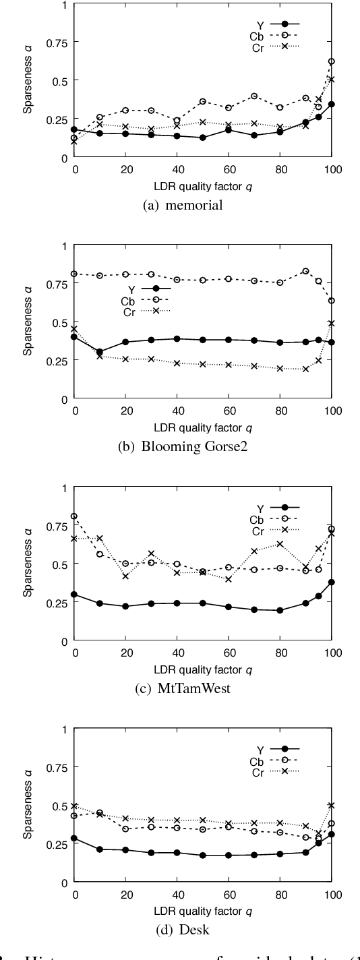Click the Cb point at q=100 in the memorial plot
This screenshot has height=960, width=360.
tap(332, 61)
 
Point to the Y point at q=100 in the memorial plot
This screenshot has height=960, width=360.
tap(332, 104)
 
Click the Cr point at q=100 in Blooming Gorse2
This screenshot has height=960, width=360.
tap(332, 323)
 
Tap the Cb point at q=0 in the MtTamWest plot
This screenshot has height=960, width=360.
tap(74, 516)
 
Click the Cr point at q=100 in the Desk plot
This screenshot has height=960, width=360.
tap(332, 805)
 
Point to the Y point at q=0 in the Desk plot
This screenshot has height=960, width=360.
tap(74, 839)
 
